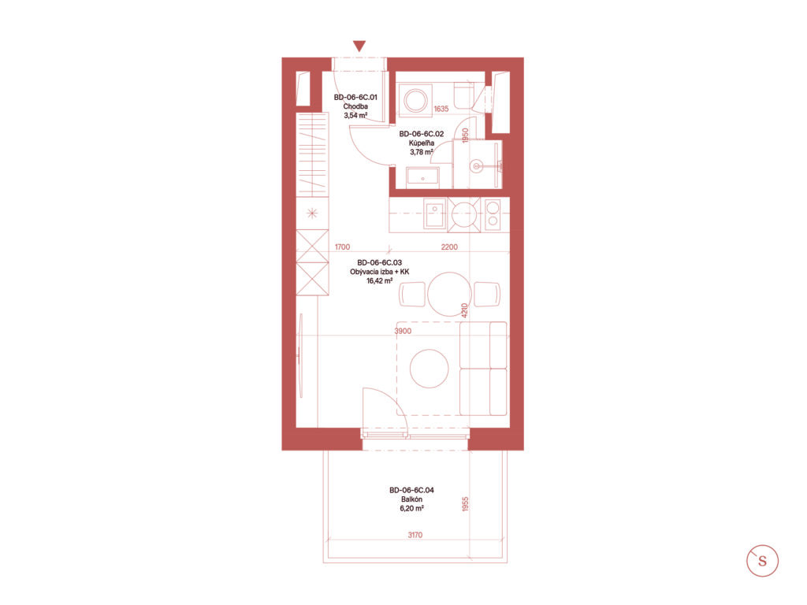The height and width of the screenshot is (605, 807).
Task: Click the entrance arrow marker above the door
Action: pos(359,46)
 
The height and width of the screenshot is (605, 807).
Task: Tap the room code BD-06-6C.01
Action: pos(355,97)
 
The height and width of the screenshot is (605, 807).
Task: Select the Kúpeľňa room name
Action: pos(422,143)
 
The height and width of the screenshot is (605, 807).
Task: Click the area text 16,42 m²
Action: pos(379,281)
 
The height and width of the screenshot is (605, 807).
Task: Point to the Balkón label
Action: pos(411,499)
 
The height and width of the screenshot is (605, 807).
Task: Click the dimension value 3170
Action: pos(415,535)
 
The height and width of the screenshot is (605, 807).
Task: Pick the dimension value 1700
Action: pos(342,247)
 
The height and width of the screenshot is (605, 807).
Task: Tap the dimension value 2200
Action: pos(449,247)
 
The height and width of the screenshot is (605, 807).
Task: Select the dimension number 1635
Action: pos(441,109)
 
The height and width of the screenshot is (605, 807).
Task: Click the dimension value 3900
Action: pos(403,331)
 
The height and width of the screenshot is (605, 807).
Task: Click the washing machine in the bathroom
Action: pos(415,100)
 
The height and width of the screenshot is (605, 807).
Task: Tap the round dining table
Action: pos(449,294)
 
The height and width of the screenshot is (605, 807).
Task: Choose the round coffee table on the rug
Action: pos(430,369)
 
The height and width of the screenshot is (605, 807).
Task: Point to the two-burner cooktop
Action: pos(493,214)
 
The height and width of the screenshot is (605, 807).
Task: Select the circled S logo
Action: pos(762,561)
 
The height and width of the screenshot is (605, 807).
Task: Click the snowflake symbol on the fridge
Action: pos(312,213)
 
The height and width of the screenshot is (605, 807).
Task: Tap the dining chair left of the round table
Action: pos(413,295)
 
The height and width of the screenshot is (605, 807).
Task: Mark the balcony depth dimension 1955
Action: pos(465,503)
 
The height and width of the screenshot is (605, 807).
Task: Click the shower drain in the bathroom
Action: pos(477,166)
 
